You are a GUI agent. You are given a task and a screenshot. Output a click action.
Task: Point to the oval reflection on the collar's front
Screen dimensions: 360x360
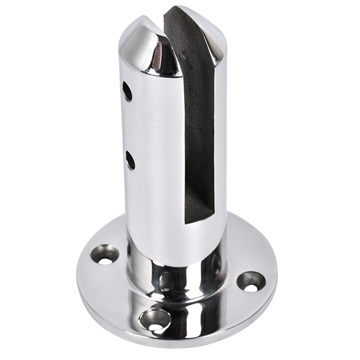click(x=167, y=281)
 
